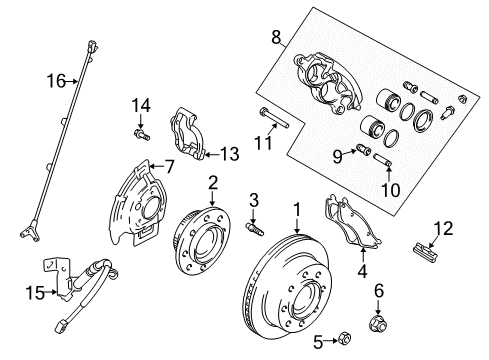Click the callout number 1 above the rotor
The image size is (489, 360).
(296, 211)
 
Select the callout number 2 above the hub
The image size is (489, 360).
(213, 181)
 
